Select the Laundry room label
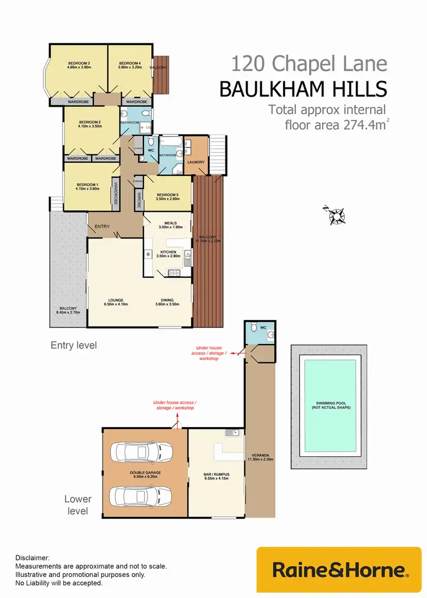[196, 162]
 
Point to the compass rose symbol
[337, 215]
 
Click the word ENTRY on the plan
[102, 227]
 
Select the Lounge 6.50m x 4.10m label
[116, 302]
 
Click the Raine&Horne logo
[340, 570]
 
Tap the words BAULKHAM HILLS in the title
[303, 89]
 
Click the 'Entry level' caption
[73, 345]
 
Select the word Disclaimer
[32, 558]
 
